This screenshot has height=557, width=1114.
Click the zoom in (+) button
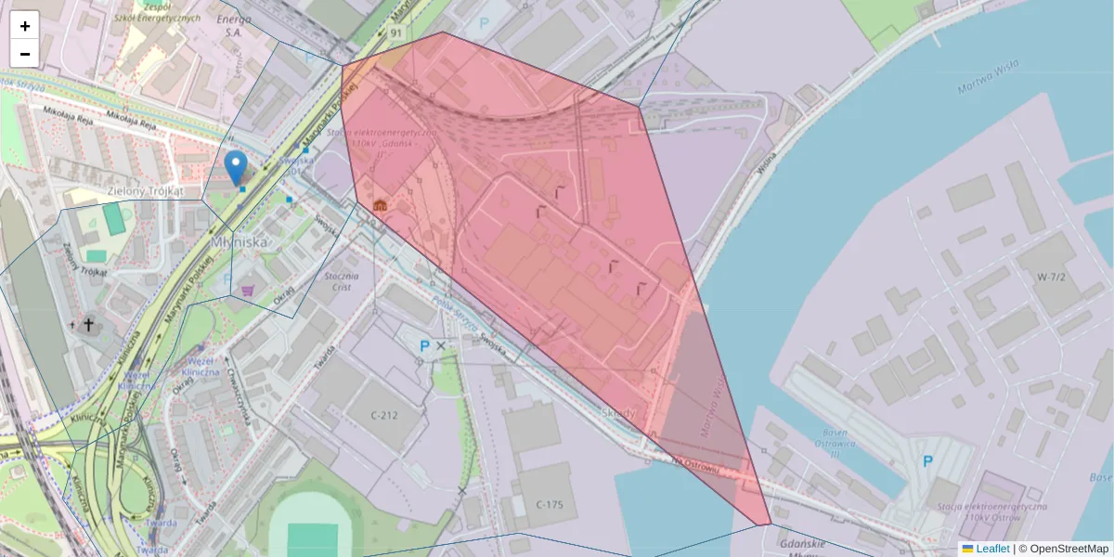click(25, 26)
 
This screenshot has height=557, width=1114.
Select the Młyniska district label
click(240, 242)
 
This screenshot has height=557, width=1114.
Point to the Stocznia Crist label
click(336, 281)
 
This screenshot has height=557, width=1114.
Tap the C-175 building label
click(550, 504)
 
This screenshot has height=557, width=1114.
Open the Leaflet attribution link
click(992, 549)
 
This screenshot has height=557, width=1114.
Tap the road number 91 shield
click(396, 33)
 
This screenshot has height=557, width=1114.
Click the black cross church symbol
click(89, 324)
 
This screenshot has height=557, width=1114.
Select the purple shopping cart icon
click(248, 291)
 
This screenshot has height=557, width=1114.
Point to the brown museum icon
click(379, 205)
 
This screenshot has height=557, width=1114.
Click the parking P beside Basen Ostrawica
click(926, 461)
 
